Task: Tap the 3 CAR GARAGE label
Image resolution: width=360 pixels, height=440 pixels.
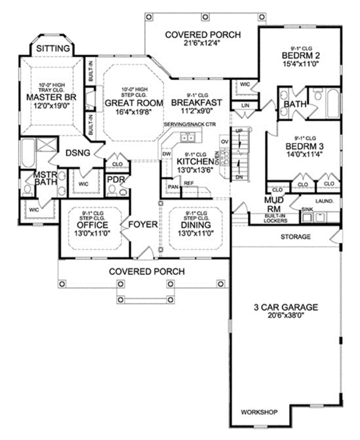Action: pyautogui.click(x=285, y=308)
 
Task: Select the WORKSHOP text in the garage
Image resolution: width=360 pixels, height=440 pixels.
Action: pyautogui.click(x=259, y=412)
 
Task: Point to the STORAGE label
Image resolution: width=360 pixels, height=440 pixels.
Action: pyautogui.click(x=296, y=237)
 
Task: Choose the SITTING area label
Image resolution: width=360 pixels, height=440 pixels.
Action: pyautogui.click(x=53, y=48)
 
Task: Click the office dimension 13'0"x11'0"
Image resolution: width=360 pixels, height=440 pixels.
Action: pyautogui.click(x=92, y=234)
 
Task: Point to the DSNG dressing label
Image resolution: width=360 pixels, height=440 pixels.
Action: pyautogui.click(x=78, y=153)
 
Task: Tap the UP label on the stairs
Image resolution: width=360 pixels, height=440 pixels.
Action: pyautogui.click(x=239, y=130)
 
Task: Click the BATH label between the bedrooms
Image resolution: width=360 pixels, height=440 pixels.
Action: pyautogui.click(x=296, y=104)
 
